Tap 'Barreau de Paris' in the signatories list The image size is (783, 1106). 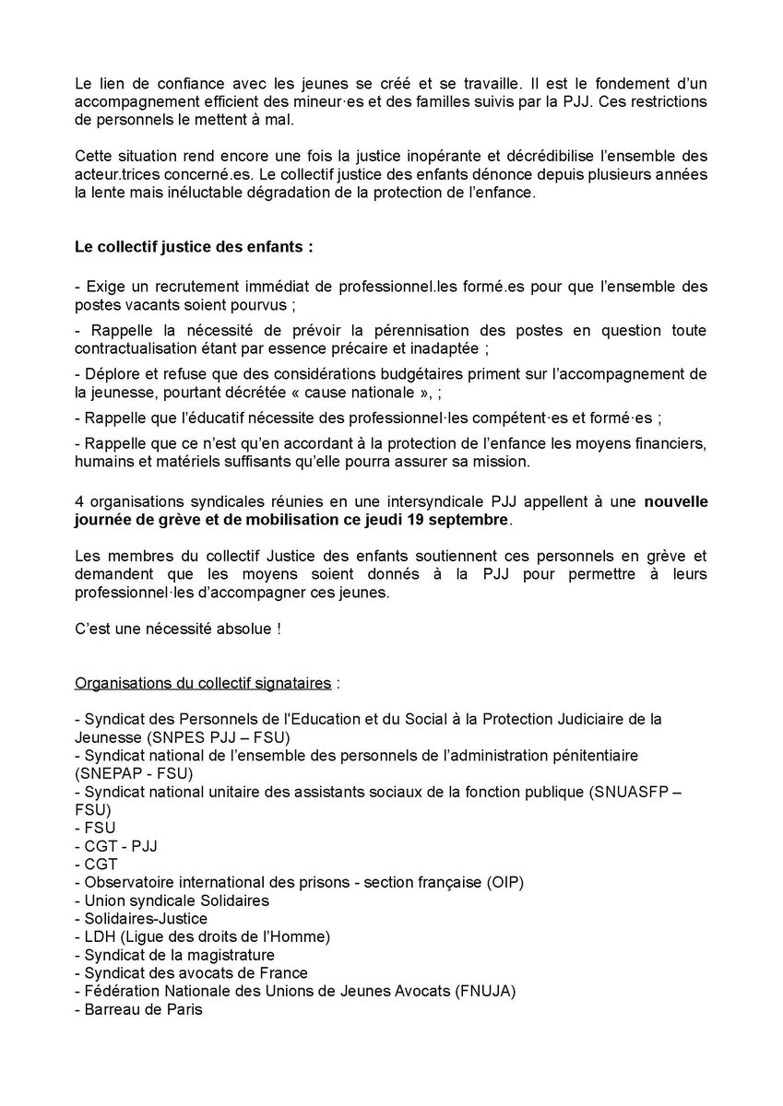click(141, 1009)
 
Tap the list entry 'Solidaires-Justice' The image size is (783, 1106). click(146, 918)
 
